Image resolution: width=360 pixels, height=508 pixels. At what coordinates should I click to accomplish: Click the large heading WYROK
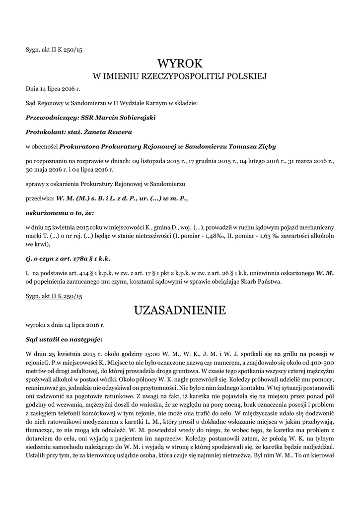coord(180,64)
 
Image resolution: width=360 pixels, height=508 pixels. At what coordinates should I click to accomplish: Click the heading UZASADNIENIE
coord(180,311)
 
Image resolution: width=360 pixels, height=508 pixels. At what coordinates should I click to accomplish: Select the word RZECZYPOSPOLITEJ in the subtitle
coord(188,77)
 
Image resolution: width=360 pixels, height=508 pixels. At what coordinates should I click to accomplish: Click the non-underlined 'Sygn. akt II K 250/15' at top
coord(54,49)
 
